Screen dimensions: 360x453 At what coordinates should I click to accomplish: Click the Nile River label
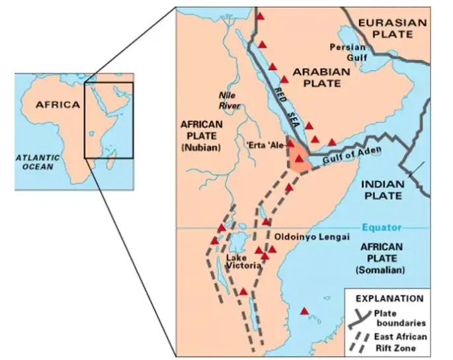(x=229, y=100)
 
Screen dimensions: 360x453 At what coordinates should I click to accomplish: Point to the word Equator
(x=382, y=228)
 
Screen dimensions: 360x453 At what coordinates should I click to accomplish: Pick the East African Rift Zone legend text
(x=401, y=341)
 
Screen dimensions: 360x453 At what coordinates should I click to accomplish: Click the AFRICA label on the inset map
(x=58, y=105)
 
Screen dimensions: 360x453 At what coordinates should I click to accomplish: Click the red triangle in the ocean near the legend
(x=304, y=311)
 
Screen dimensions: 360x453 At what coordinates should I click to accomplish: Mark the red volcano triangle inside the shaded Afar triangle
(x=299, y=159)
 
